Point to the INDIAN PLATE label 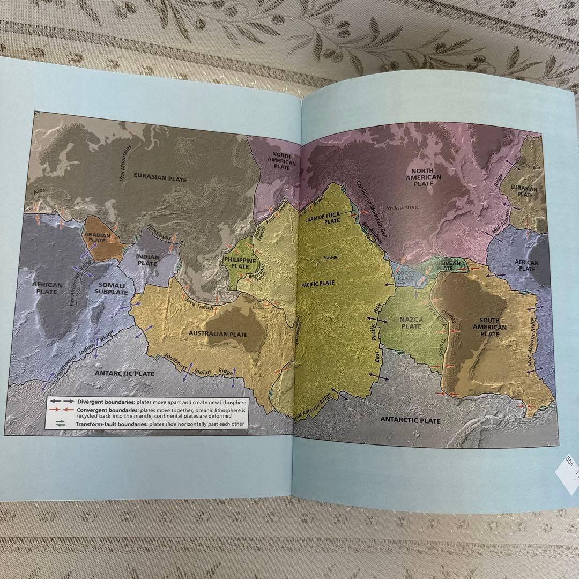coord(147,260)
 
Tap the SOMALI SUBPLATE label coord(111,288)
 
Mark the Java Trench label coord(199,308)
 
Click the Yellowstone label coord(403,207)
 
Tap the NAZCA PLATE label coord(411,322)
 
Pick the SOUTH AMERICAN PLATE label coord(489,327)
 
